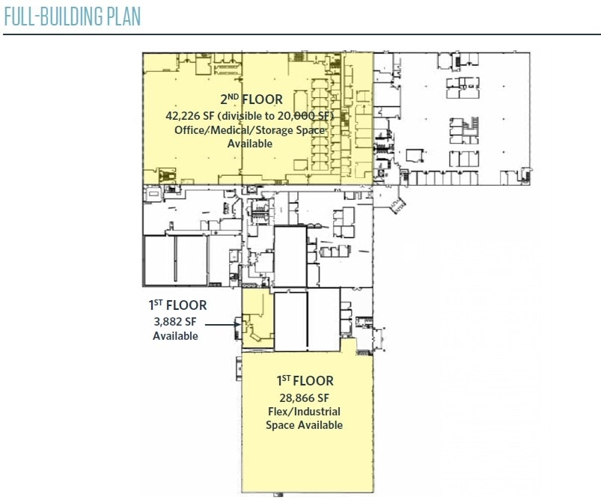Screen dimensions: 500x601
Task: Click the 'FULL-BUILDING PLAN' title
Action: point(72,16)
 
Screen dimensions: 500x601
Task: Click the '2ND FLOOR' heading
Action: point(251,99)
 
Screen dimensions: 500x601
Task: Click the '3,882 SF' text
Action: point(174,321)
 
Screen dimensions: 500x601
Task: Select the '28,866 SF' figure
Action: point(303,397)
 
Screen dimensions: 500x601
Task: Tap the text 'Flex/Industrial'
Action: point(304,411)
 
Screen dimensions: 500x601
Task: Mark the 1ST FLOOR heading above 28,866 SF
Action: point(304,380)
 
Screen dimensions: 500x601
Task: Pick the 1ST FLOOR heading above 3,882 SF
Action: point(177,305)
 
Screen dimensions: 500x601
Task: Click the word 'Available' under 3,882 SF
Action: point(175,336)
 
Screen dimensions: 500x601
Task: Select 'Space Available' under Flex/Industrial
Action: point(304,425)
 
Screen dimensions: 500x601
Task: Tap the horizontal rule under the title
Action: point(299,34)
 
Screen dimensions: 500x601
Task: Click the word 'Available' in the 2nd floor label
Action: point(251,144)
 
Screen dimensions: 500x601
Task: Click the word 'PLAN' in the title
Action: point(121,16)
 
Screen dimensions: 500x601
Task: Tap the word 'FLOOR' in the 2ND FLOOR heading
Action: point(263,99)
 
